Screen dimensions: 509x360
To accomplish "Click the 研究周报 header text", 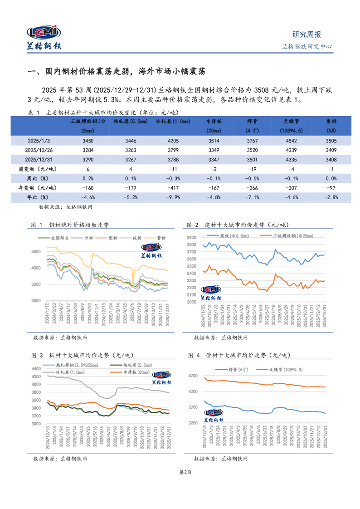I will pos(307,34).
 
